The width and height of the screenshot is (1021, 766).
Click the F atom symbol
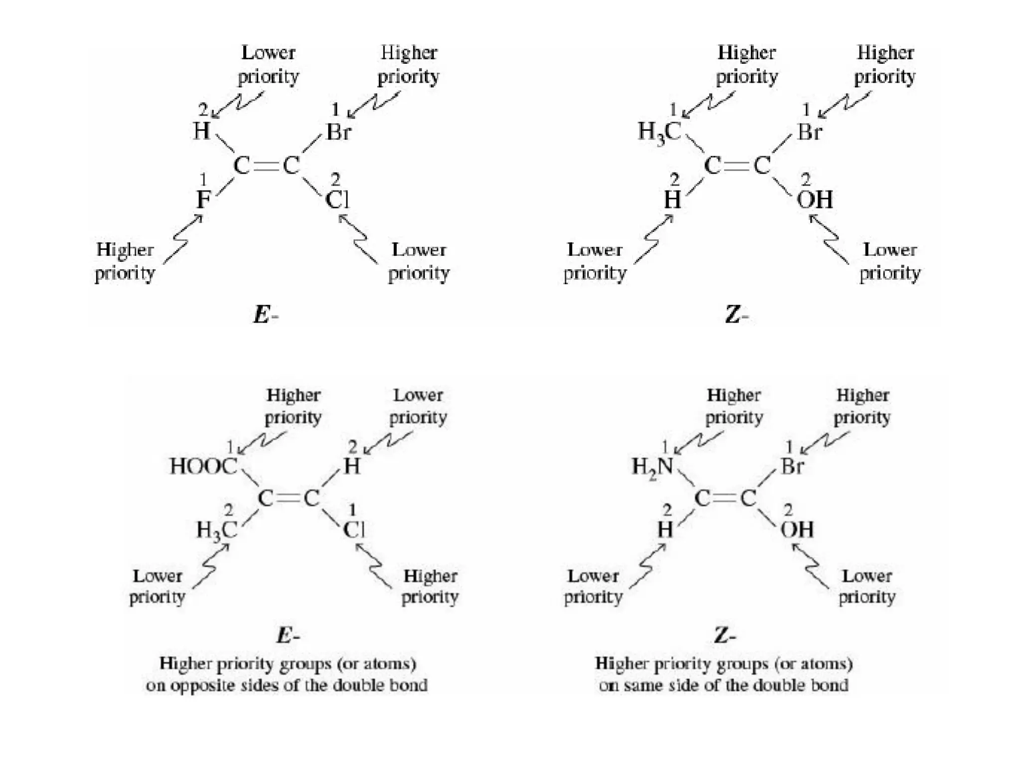203,200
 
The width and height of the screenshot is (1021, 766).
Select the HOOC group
203,466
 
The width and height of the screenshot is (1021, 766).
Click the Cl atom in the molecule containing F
338,200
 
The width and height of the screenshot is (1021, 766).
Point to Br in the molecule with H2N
792,467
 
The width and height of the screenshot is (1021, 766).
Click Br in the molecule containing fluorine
339,132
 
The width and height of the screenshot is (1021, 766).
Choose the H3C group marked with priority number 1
659,133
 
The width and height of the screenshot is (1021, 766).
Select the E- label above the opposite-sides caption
288,636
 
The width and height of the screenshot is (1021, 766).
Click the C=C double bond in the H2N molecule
725,498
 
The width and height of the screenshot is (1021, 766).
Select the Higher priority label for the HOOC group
293,406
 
